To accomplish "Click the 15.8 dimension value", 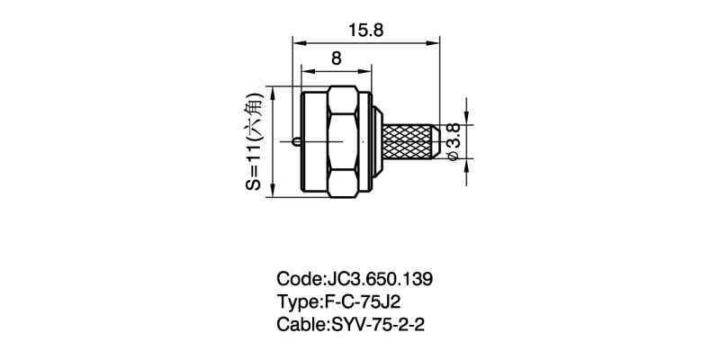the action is click(365, 31).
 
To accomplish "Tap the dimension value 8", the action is click(337, 58).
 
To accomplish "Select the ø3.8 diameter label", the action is click(454, 141).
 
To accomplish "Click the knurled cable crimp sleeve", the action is click(410, 141).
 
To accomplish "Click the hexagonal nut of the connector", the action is click(344, 141).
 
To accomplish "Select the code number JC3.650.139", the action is click(379, 279).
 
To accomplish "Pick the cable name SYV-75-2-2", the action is click(377, 325).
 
